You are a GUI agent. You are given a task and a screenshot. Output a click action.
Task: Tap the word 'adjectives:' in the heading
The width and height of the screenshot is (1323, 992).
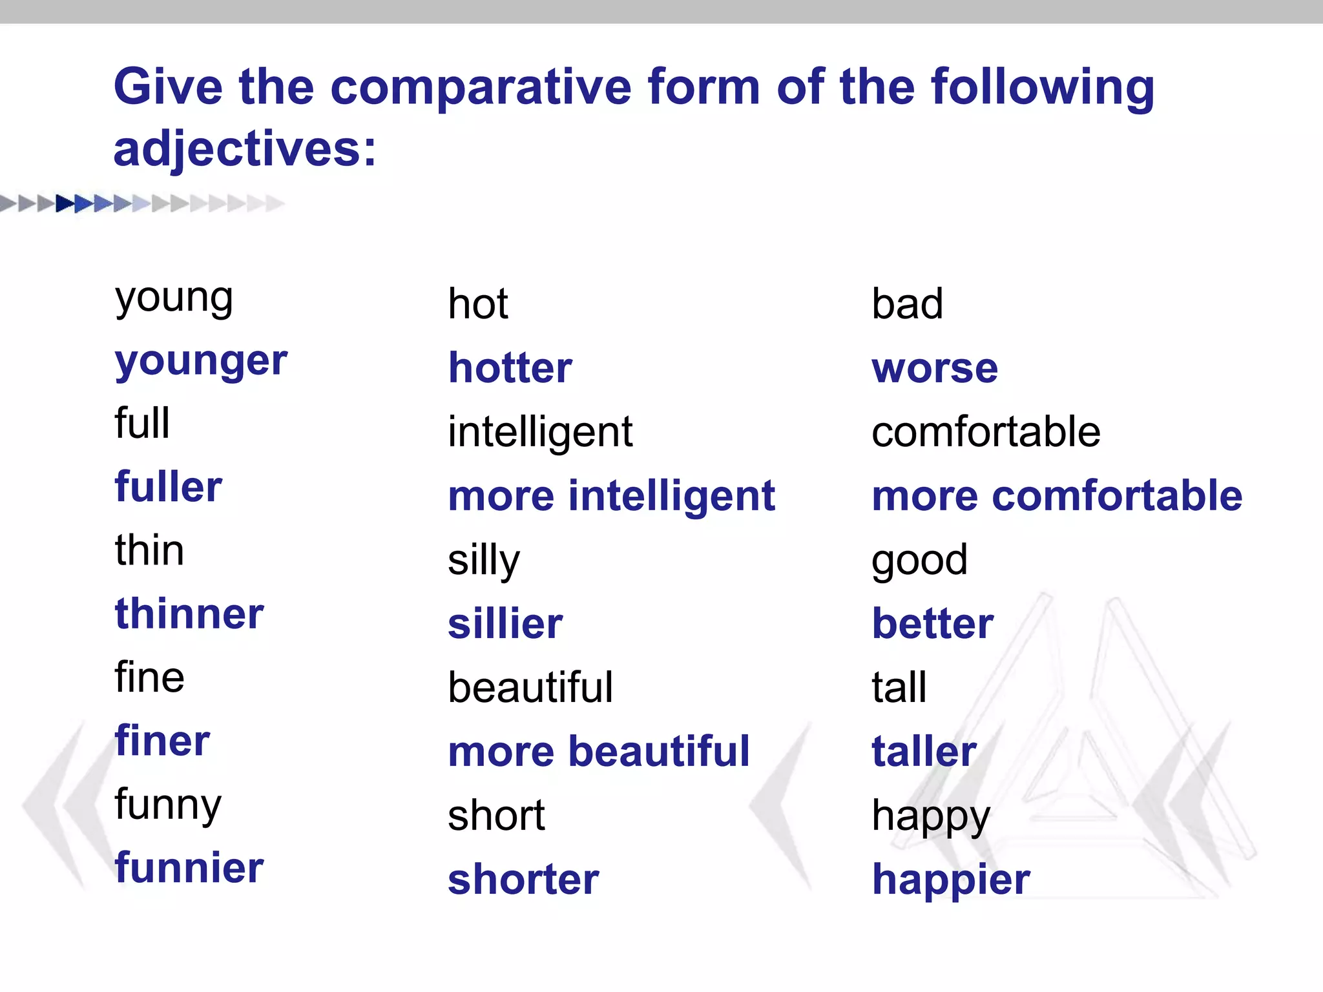pyautogui.click(x=245, y=150)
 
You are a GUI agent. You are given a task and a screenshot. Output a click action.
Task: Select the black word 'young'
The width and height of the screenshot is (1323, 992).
pyautogui.click(x=174, y=298)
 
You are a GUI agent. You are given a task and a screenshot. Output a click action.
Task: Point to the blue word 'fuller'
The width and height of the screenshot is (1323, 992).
pyautogui.click(x=169, y=487)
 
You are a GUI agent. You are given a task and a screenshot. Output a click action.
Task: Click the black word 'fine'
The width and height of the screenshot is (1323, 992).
pyautogui.click(x=150, y=677)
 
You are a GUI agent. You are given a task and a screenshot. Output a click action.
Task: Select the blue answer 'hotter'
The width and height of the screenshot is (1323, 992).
pyautogui.click(x=510, y=368)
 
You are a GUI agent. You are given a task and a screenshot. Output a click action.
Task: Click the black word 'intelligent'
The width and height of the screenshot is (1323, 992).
pyautogui.click(x=540, y=432)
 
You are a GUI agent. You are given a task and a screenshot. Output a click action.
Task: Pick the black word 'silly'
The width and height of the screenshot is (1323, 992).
pyautogui.click(x=484, y=560)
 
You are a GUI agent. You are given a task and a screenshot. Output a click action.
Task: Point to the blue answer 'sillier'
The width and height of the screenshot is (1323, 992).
pyautogui.click(x=505, y=624)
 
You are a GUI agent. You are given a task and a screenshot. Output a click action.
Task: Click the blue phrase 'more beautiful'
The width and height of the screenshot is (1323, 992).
pyautogui.click(x=599, y=752)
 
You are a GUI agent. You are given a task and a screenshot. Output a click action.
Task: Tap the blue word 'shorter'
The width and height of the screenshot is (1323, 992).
pyautogui.click(x=523, y=880)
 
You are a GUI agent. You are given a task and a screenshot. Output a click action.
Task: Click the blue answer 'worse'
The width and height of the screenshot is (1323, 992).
pyautogui.click(x=935, y=368)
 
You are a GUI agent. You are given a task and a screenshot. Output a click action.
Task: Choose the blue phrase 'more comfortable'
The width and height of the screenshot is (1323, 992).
pyautogui.click(x=1057, y=496)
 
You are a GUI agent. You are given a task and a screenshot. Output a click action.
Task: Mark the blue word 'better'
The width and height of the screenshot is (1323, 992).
pyautogui.click(x=933, y=624)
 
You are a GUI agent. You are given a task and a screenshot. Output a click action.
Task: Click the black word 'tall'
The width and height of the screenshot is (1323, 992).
pyautogui.click(x=899, y=687)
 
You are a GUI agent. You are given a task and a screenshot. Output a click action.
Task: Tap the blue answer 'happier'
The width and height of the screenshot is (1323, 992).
pyautogui.click(x=951, y=880)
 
